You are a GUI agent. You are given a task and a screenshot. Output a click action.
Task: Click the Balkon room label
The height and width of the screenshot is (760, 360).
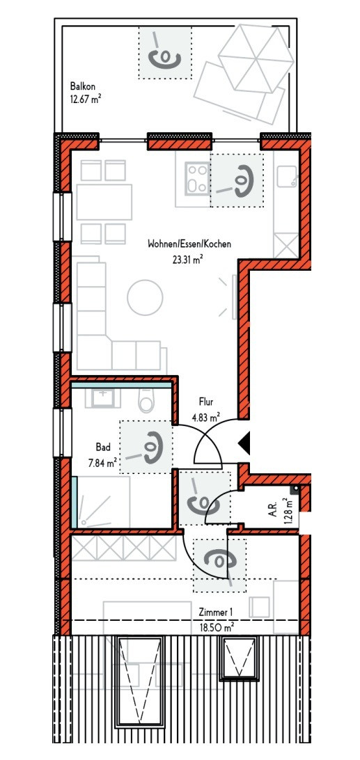[82, 87]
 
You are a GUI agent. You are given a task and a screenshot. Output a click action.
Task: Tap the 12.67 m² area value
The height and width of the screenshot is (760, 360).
[86, 100]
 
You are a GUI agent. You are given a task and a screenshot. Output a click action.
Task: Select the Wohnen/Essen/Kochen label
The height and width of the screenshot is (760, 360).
[189, 244]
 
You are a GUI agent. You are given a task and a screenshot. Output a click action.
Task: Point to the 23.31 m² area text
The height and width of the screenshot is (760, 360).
[187, 260]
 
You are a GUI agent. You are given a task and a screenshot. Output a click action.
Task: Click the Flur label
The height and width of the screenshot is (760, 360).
[206, 402]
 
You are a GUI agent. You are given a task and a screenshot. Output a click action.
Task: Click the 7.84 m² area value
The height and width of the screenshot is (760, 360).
[101, 463]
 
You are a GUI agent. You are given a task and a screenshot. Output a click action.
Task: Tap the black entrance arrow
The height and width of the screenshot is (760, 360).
[244, 443]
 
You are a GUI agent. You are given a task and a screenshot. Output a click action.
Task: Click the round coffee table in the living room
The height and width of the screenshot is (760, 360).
[145, 297]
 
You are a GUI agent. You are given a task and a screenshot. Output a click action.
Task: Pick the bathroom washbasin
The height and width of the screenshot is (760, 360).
[103, 397]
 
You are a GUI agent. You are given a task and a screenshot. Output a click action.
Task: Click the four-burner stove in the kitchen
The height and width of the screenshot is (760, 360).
[197, 180]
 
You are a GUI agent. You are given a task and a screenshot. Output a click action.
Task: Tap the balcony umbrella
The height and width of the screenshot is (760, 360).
[256, 58]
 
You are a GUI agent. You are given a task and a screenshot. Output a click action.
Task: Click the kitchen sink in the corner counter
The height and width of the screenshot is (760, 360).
[288, 176]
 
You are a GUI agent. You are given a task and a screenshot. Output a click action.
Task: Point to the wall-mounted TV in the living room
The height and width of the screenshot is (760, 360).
[234, 297]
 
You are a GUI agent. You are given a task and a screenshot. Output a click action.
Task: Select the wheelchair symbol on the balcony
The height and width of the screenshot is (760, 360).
[164, 52]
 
